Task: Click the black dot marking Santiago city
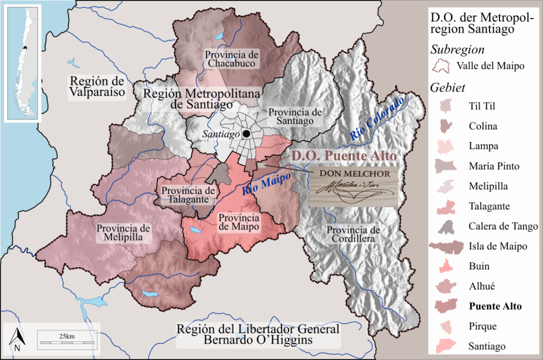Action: pyautogui.click(x=247, y=134)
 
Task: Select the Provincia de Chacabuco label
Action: pyautogui.click(x=232, y=59)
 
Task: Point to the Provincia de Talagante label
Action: pyautogui.click(x=188, y=195)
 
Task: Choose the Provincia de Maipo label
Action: pyautogui.click(x=239, y=222)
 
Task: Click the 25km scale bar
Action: pyautogui.click(x=66, y=340)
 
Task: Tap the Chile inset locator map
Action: pyautogui.click(x=22, y=63)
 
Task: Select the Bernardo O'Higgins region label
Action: pyautogui.click(x=258, y=334)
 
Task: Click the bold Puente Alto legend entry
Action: pyautogui.click(x=495, y=306)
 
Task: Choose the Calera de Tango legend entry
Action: pyautogui.click(x=503, y=226)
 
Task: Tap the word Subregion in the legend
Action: pyautogui.click(x=458, y=50)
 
